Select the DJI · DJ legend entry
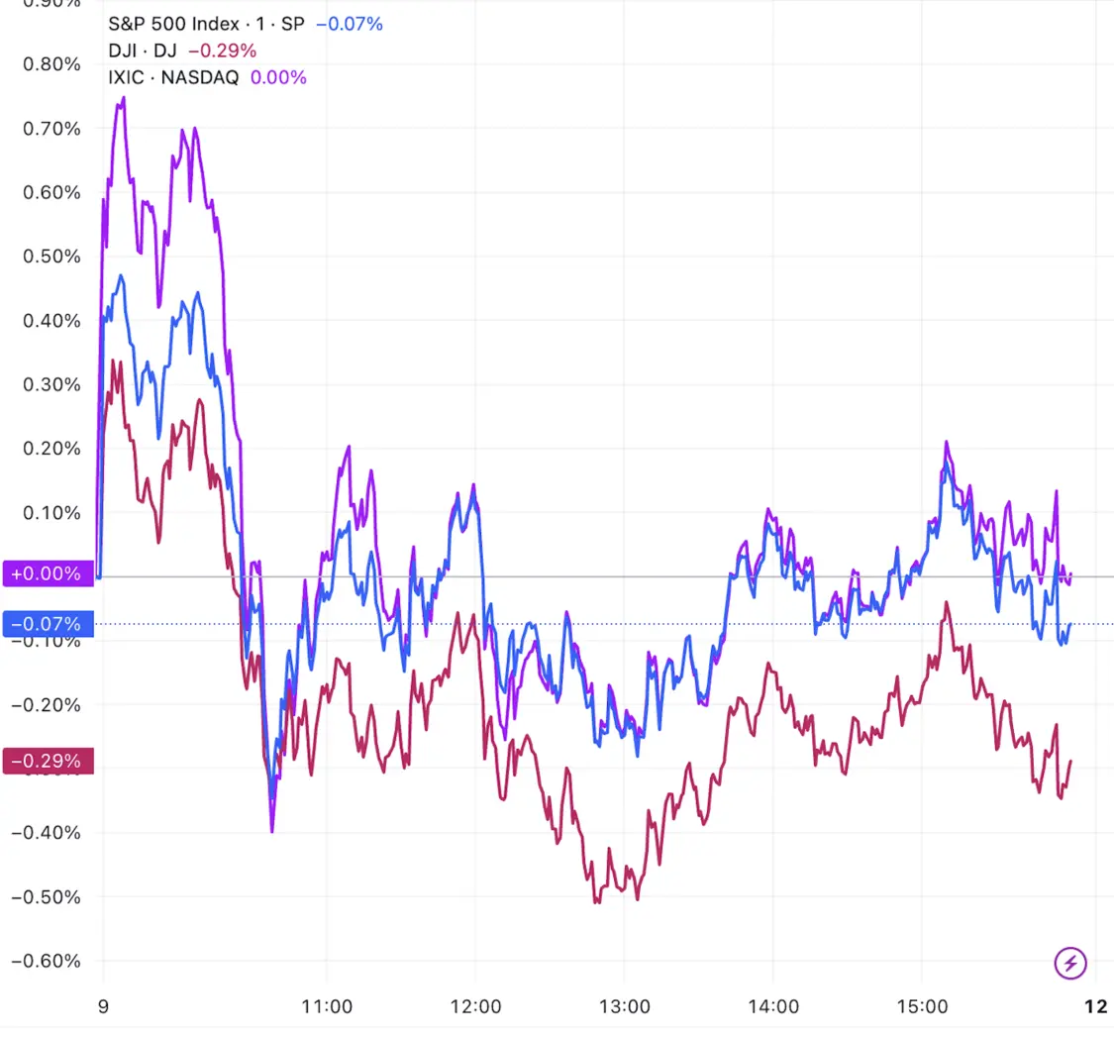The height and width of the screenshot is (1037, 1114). point(143,51)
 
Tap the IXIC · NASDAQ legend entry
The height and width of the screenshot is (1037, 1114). point(173,77)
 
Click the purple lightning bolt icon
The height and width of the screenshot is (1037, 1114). point(1072,961)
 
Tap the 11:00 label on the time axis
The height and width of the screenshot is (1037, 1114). point(327,1006)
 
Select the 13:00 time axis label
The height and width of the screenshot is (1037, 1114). point(624,1006)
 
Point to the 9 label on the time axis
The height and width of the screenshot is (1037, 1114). point(103,1006)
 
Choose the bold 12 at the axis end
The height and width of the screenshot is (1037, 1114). point(1094,1006)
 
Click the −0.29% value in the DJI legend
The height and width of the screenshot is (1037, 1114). point(222,51)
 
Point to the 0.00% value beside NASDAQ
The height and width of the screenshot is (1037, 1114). point(278,77)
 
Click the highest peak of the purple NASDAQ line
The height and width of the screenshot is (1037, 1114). point(123,97)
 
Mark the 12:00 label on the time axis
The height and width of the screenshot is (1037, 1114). point(475,1006)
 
